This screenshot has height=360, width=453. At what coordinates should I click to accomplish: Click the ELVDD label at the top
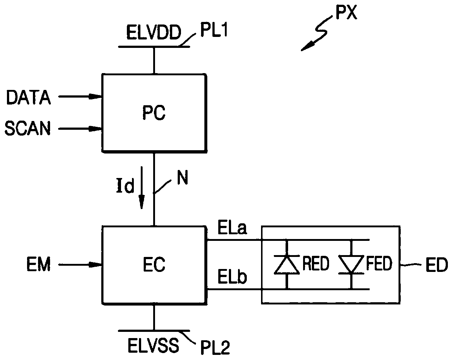[154, 33]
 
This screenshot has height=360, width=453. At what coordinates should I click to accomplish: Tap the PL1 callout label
[214, 30]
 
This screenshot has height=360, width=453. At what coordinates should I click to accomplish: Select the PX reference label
[346, 13]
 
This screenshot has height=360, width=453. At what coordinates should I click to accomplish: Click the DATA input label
[29, 98]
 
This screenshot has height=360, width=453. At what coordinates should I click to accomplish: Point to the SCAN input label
[27, 128]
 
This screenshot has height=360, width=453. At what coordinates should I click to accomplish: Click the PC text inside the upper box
[154, 113]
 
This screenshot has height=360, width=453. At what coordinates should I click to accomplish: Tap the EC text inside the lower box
[154, 265]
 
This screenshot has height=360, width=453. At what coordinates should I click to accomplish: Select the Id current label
[125, 185]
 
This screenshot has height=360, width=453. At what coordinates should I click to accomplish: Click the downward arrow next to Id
[141, 188]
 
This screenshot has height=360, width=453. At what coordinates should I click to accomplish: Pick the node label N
[182, 178]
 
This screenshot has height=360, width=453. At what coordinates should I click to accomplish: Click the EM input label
[39, 265]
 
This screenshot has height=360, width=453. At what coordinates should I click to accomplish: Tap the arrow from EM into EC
[80, 265]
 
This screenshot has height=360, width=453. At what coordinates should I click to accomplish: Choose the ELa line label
[232, 228]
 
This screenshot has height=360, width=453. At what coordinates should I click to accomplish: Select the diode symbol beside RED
[287, 264]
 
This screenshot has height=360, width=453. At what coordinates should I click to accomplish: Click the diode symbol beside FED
[351, 264]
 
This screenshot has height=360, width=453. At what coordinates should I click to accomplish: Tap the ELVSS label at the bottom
[153, 346]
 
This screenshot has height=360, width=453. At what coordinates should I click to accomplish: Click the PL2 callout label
[215, 348]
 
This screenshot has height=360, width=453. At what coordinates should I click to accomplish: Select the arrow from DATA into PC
[80, 96]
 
